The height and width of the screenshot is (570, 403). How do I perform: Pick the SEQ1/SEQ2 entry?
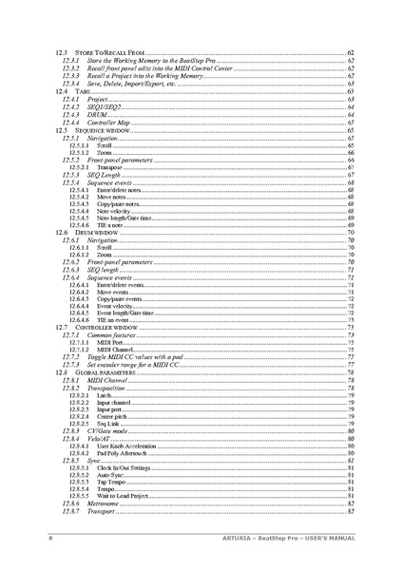106,107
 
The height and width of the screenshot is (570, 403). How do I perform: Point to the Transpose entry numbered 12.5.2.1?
110,168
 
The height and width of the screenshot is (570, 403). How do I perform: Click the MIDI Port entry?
110,342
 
